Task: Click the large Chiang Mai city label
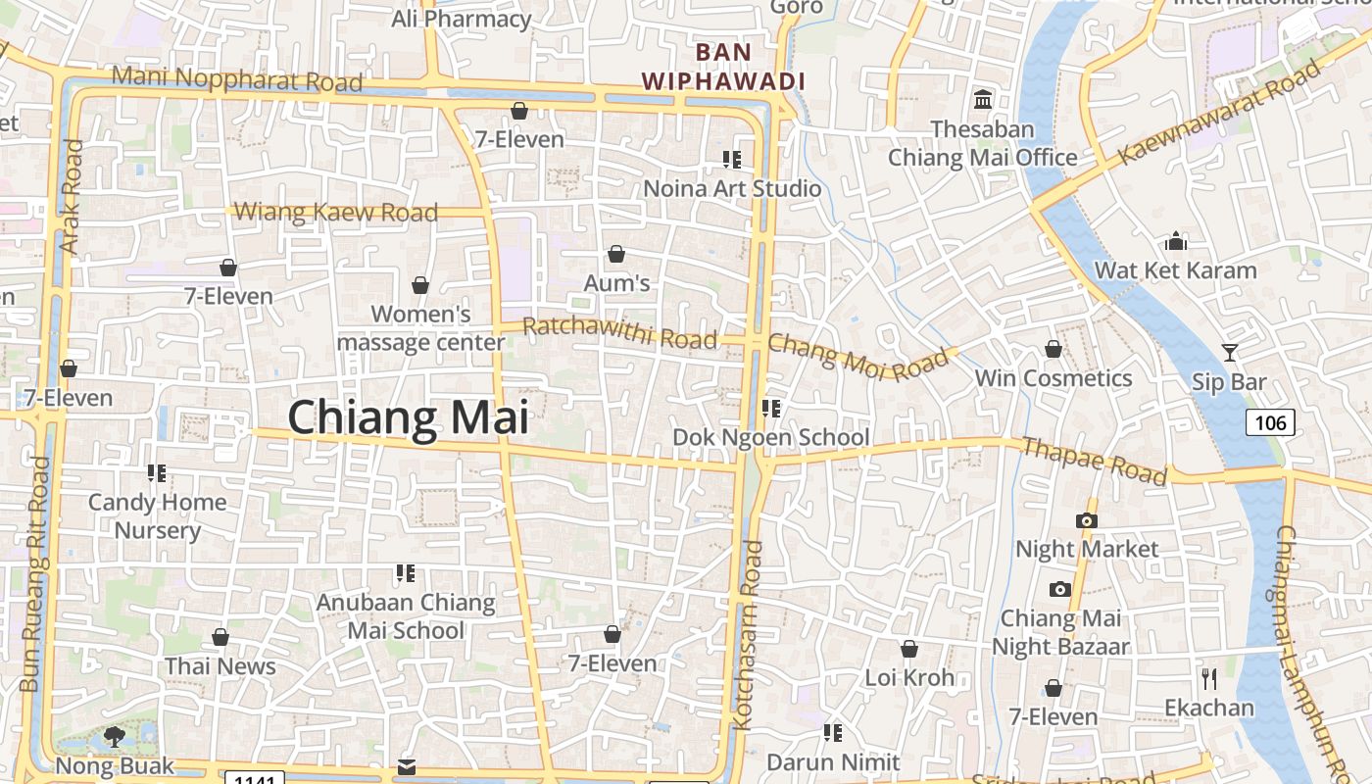[408, 417]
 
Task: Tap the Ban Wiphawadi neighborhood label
[723, 67]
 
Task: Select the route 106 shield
[1270, 422]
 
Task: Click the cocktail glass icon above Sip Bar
[1230, 353]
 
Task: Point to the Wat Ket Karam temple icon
[1175, 241]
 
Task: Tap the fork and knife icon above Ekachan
[1209, 678]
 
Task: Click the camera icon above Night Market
[1086, 520]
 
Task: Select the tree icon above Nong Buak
[115, 737]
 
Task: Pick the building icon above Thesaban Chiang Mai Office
[982, 100]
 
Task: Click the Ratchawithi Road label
[619, 333]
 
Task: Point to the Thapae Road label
[1094, 461]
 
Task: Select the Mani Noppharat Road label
[237, 78]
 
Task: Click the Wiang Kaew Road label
[336, 212]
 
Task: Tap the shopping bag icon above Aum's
[616, 255]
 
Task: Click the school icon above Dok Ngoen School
[771, 408]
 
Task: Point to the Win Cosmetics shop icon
[1053, 349]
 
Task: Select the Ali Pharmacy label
[461, 19]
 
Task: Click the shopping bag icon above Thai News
[220, 638]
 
